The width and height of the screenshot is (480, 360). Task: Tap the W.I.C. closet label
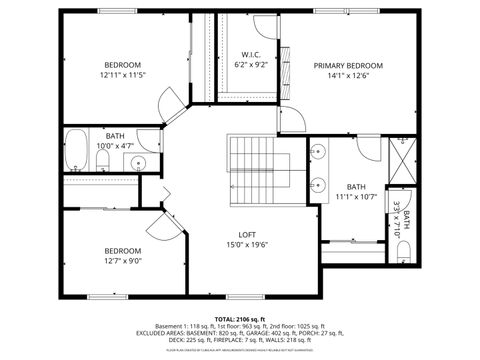coord(251,54)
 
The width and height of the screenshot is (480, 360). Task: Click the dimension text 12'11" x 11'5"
coord(123,75)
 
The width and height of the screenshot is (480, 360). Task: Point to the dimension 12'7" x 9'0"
coord(123,261)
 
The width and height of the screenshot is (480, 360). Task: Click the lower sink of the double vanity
coord(318,185)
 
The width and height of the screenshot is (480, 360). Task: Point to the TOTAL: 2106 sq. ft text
coord(239,317)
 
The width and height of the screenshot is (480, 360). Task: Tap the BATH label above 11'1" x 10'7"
coord(356,187)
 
